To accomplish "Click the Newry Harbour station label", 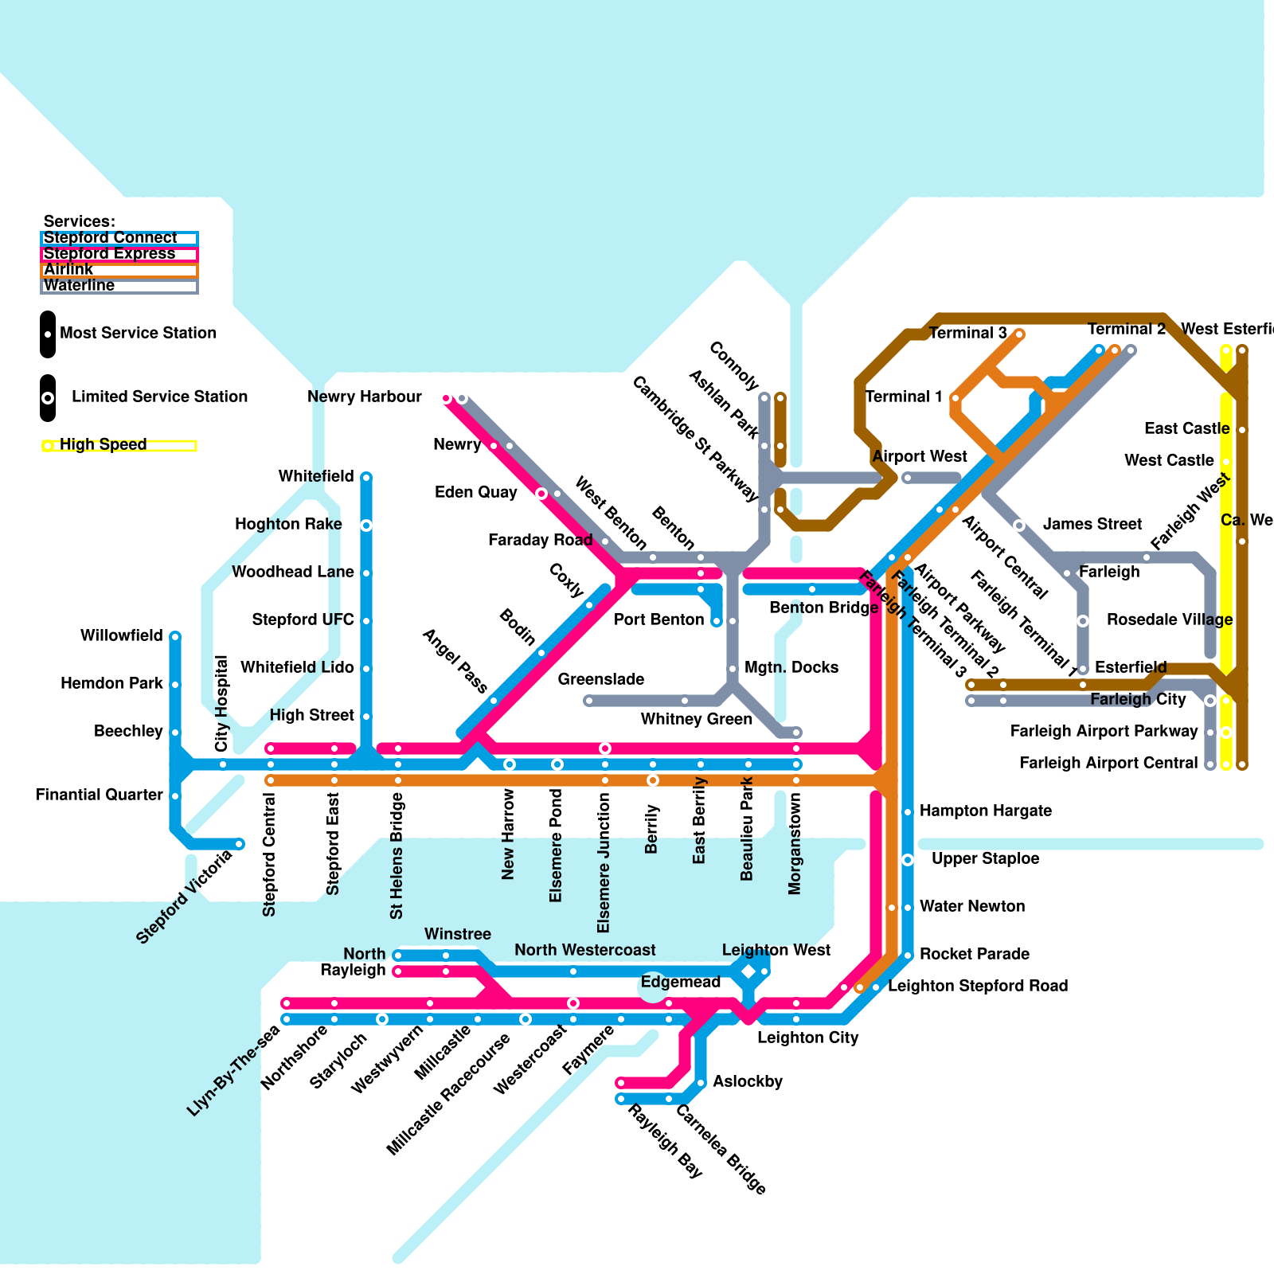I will pos(364,397).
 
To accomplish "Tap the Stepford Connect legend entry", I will pos(110,238).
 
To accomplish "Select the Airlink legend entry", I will pos(68,270).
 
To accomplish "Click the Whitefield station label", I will pos(315,476).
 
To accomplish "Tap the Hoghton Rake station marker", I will pos(366,526).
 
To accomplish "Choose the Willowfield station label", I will pos(121,635).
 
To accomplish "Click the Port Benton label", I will pos(658,619).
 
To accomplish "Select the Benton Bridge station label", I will pos(823,608).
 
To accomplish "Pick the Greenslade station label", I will pos(600,679).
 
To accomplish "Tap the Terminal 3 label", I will pos(967,333).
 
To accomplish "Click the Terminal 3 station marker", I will pos(1019,334).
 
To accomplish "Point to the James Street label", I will pos(1092,524).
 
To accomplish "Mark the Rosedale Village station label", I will pos(1169,619).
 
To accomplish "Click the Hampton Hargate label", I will pos(985,811).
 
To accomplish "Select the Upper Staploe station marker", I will pos(908,860).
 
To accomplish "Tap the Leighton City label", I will pos(807,1038).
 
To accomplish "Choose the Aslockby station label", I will pos(747,1081).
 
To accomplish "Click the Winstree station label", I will pos(457,934).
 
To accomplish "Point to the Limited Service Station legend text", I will pos(159,397).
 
